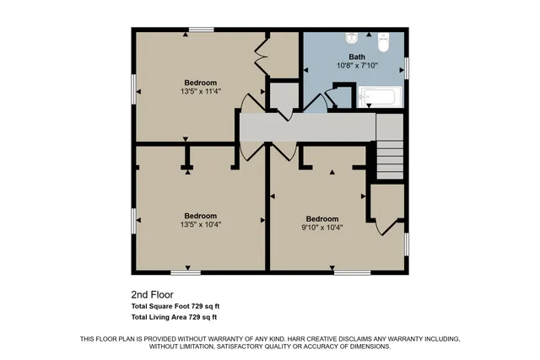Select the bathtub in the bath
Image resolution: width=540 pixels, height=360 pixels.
point(380,96)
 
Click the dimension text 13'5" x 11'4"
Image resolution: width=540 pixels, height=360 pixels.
point(199,91)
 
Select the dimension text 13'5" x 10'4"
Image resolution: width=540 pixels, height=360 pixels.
point(200,224)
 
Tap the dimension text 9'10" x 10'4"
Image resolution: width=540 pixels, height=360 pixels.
point(321,227)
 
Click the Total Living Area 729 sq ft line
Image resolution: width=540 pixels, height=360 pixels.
point(175,317)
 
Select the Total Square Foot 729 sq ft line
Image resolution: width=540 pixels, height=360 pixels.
point(175,306)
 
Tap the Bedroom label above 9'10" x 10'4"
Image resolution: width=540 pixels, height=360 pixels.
point(321,218)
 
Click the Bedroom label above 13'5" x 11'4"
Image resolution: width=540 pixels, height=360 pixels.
point(200,83)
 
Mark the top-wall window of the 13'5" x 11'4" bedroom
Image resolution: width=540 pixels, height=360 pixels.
point(201,30)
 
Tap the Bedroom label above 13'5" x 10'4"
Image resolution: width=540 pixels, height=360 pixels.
point(200,216)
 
